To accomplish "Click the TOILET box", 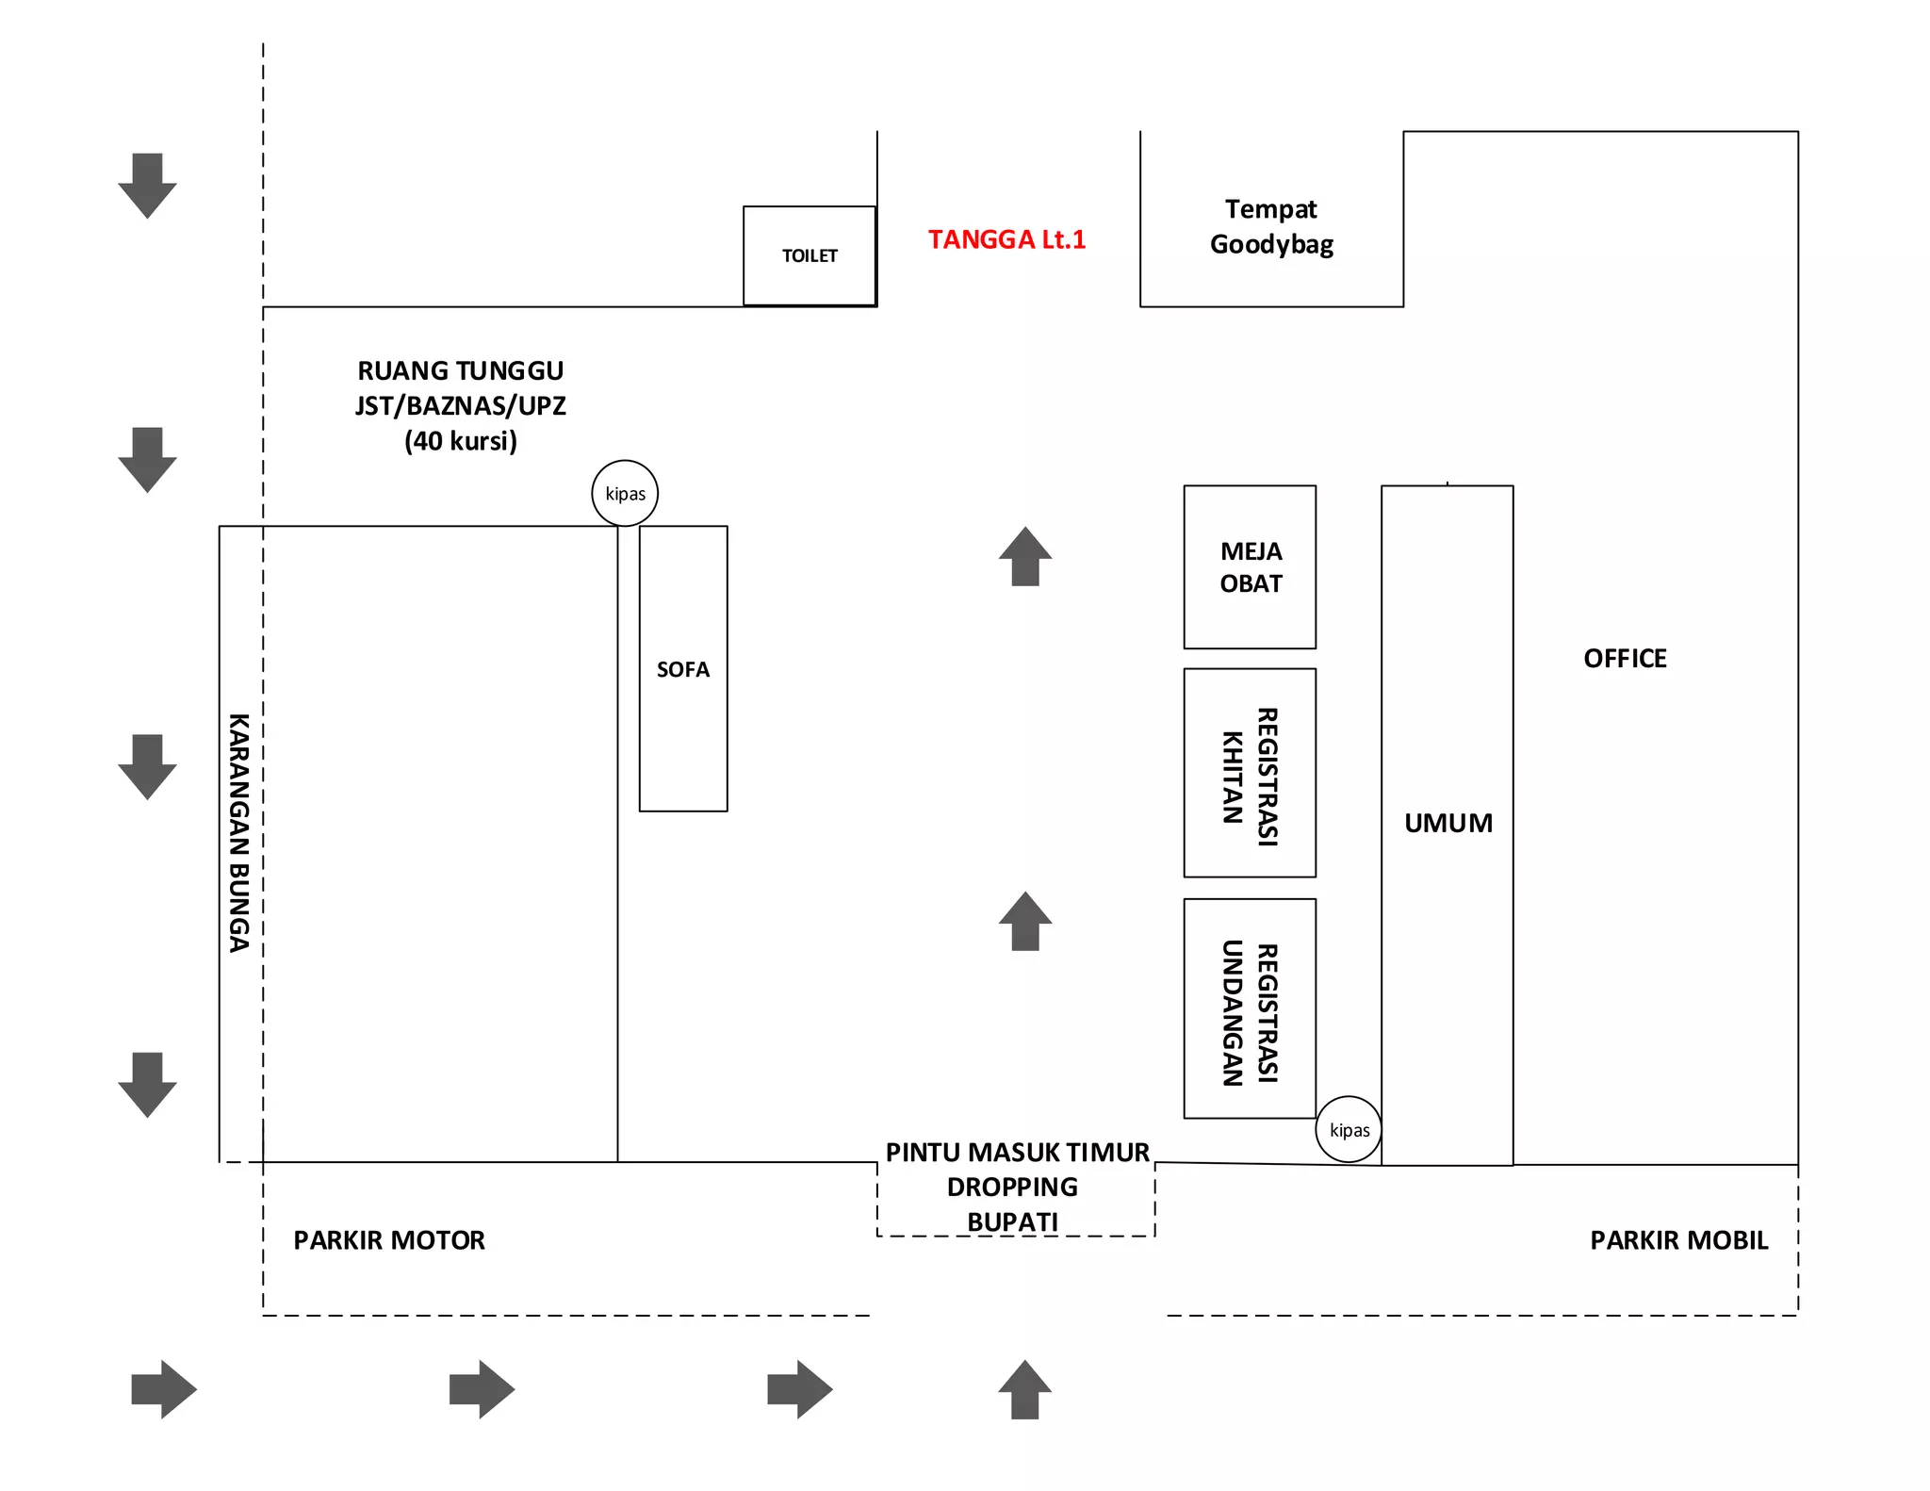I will (x=810, y=255).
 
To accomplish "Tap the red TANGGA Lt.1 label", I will (x=1006, y=239).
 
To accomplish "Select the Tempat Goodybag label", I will (x=1271, y=227).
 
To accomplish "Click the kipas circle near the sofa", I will (x=625, y=493).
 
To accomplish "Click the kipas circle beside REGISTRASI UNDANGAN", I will (x=1349, y=1129).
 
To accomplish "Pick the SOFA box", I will (x=683, y=668).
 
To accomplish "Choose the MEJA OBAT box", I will (x=1250, y=567).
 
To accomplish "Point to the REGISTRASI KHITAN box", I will (x=1250, y=774).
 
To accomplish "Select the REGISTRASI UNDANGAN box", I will (x=1250, y=1009).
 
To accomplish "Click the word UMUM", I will (x=1448, y=824).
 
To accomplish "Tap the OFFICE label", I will (x=1625, y=659).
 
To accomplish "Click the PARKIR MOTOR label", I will (x=389, y=1240).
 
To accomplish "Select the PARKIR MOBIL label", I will (x=1678, y=1240).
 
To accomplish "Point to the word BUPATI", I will (x=1013, y=1221).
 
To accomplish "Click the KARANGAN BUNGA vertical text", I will (x=239, y=832).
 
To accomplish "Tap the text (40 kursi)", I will (x=461, y=441).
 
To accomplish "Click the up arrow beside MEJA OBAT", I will (x=1025, y=557).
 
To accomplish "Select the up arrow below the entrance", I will (x=1024, y=1389).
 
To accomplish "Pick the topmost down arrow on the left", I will (x=147, y=186).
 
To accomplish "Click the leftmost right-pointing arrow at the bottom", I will (x=163, y=1389).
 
